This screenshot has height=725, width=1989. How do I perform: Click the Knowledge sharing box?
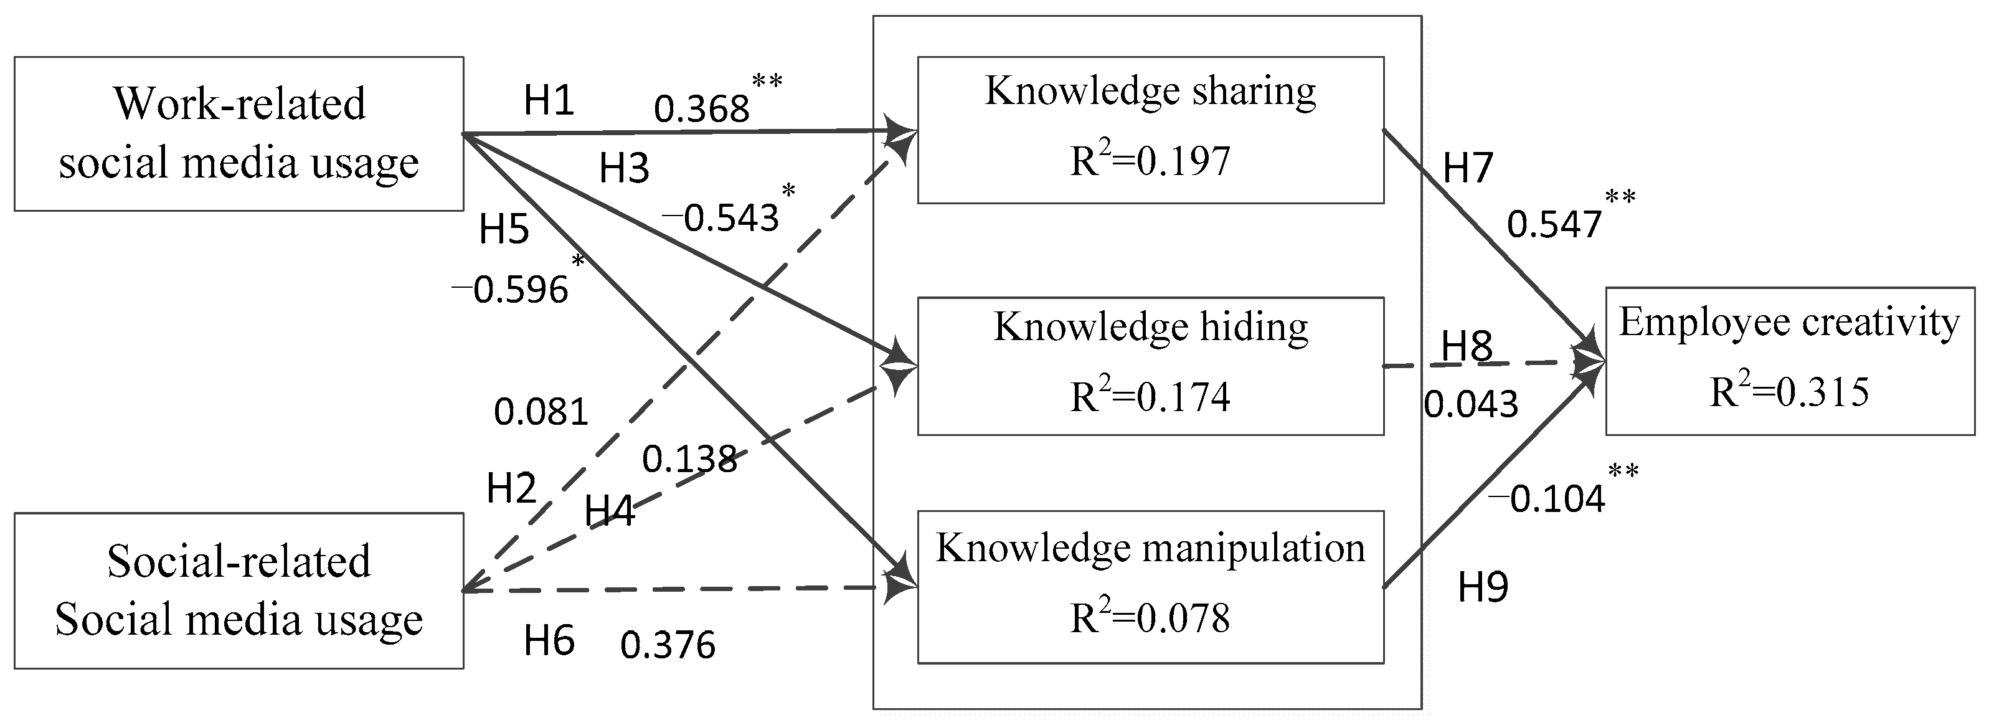pos(1150,129)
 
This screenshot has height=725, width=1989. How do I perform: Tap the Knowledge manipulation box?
pos(1150,586)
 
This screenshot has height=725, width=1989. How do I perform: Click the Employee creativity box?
pos(1789,361)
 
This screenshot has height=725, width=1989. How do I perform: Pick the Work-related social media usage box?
pos(239,133)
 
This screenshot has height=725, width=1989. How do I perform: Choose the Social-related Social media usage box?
pos(239,590)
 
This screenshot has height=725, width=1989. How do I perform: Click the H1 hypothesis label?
pos(549,100)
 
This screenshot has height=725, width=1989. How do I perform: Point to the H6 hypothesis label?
pos(549,641)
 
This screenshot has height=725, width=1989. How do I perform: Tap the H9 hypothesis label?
pos(1483,587)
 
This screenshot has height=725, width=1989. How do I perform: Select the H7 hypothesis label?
pos(1468,168)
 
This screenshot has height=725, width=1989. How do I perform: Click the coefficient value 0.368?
pos(701,109)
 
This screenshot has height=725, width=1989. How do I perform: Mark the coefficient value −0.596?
pos(511,290)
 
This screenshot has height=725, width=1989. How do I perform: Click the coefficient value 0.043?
pos(1471,404)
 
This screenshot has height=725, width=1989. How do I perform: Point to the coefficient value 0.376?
pos(668,645)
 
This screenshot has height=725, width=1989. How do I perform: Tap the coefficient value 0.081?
pos(541,412)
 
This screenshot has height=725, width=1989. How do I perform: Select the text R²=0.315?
pos(1789,391)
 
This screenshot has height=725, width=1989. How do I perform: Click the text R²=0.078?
pos(1150,618)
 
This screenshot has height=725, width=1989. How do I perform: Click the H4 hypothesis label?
pos(609,511)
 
